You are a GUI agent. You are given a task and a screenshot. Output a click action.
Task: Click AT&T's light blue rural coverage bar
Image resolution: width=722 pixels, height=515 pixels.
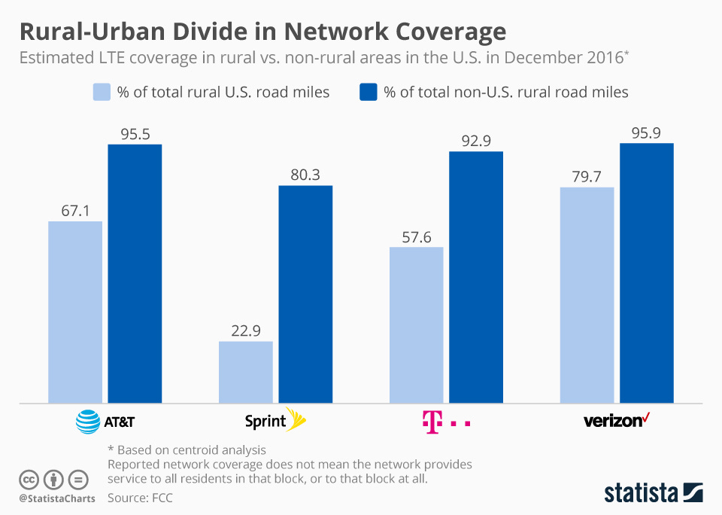tap(75, 312)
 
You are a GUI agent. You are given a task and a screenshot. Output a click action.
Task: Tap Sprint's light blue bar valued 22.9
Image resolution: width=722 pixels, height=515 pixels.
tap(245, 372)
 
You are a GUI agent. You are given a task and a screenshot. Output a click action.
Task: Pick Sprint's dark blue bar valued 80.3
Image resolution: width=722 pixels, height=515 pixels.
tap(305, 294)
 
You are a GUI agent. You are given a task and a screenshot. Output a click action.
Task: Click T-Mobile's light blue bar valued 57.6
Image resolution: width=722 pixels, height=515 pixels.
tap(416, 325)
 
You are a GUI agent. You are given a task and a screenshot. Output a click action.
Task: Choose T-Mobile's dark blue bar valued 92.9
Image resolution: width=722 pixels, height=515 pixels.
tap(476, 277)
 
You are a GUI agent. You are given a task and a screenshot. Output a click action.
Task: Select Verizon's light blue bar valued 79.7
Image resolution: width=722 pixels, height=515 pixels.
tap(587, 294)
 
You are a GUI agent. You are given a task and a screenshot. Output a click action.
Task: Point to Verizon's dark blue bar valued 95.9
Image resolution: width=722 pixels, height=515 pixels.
tap(646, 273)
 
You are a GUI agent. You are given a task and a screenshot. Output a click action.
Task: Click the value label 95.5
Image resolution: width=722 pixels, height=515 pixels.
tap(135, 134)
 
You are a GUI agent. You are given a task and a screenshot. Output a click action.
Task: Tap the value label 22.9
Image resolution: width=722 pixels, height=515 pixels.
tap(246, 331)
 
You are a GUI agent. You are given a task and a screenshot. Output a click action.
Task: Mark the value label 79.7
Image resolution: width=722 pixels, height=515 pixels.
tap(587, 177)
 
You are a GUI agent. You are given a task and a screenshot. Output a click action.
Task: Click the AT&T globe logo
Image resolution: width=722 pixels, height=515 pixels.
tap(88, 422)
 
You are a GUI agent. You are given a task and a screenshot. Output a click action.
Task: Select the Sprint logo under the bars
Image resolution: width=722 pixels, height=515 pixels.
tap(276, 421)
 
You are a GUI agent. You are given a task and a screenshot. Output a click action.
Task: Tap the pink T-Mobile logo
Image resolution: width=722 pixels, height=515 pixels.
tap(446, 422)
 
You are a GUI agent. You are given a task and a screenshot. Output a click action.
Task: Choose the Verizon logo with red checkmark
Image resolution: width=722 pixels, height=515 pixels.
tap(617, 420)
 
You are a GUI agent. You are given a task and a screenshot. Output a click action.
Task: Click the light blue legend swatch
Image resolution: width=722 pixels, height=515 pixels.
tap(102, 93)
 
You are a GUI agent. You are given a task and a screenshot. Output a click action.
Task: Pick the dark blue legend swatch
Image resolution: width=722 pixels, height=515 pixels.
tap(369, 93)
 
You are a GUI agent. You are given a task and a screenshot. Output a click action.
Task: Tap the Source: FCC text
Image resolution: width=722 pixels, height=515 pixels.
tap(145, 498)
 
